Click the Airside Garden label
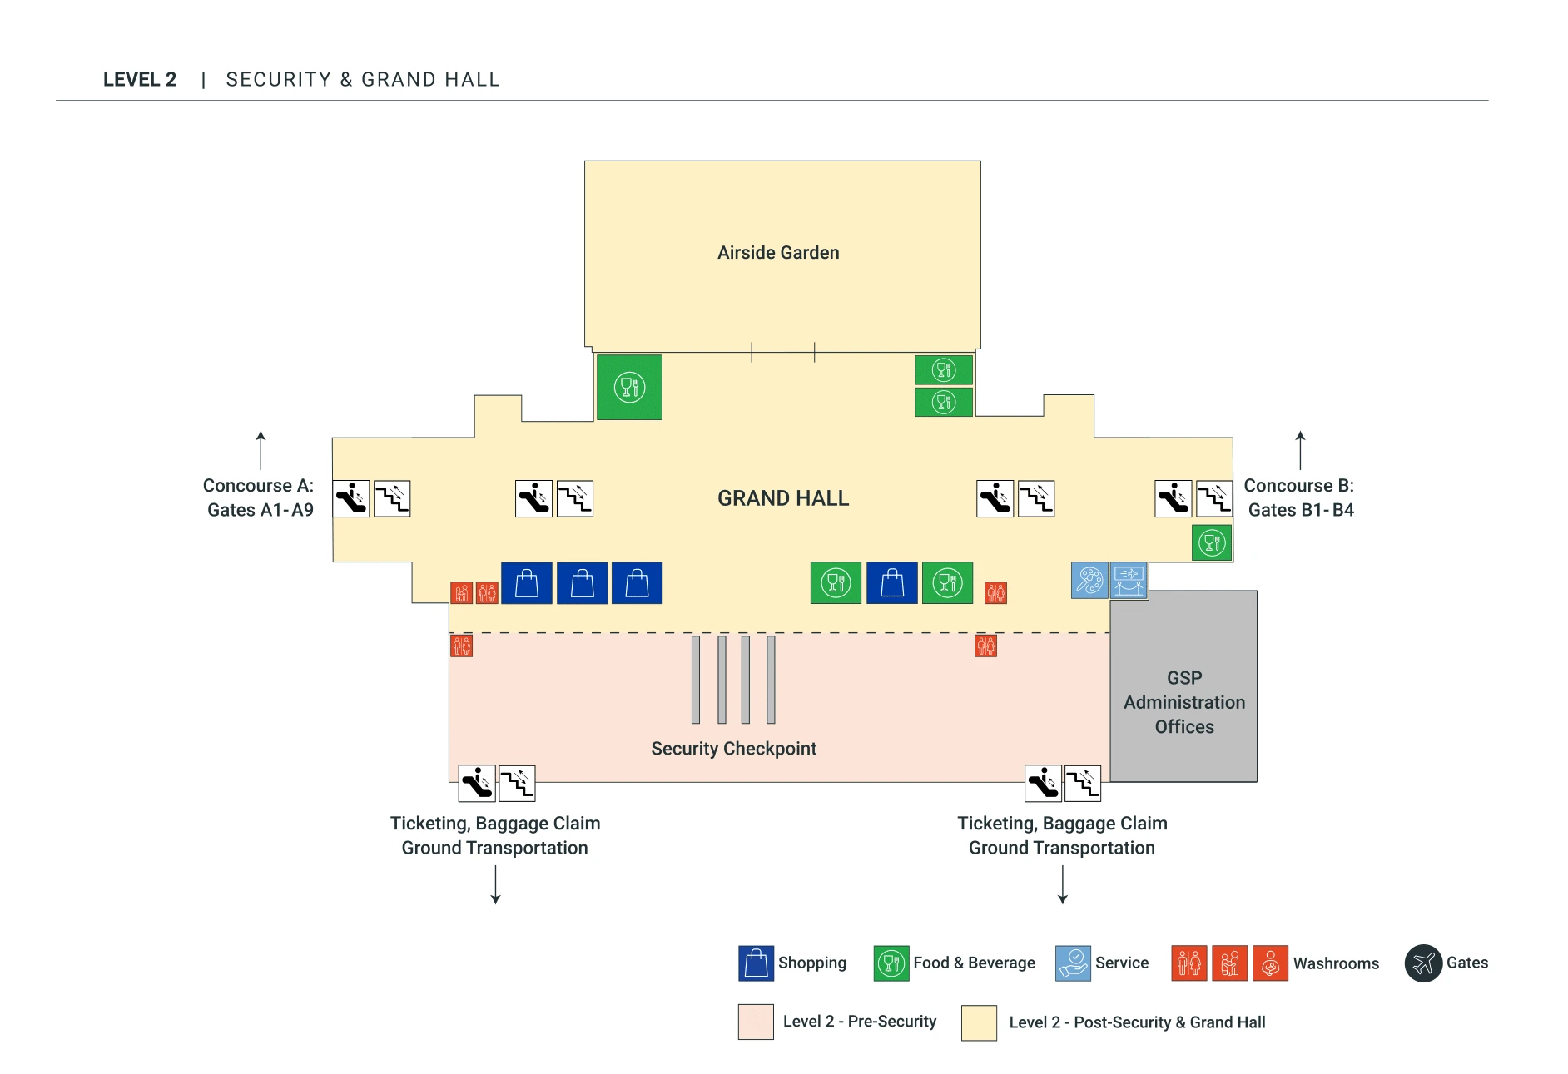[x=778, y=252]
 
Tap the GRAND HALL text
[x=782, y=498]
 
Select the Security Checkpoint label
[x=733, y=749]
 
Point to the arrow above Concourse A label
[x=261, y=449]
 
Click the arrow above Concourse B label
[x=1300, y=449]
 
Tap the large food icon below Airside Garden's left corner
[x=629, y=387]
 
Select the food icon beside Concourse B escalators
[x=1212, y=543]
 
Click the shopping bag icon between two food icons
[x=891, y=582]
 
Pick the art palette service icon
[x=1089, y=580]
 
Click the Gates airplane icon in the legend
[x=1423, y=963]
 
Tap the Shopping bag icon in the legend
[x=756, y=963]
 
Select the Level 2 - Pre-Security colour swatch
[x=756, y=1022]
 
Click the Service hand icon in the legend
[x=1073, y=963]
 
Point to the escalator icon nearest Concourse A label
[x=351, y=499]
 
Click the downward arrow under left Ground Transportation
[x=495, y=884]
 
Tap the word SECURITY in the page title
[x=279, y=80]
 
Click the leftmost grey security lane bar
[x=696, y=679]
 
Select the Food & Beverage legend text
[x=974, y=963]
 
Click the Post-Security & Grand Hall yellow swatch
[x=979, y=1022]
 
